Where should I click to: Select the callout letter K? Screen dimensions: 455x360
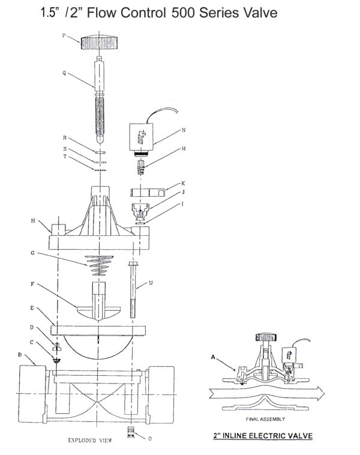pos(183,183)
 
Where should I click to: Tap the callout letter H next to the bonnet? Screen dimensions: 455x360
pos(33,220)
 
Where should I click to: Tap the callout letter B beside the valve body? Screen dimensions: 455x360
pos(20,355)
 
